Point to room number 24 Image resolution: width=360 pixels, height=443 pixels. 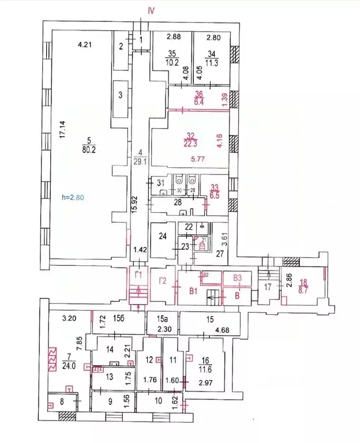click(162, 236)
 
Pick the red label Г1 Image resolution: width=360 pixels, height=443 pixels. click(138, 275)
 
